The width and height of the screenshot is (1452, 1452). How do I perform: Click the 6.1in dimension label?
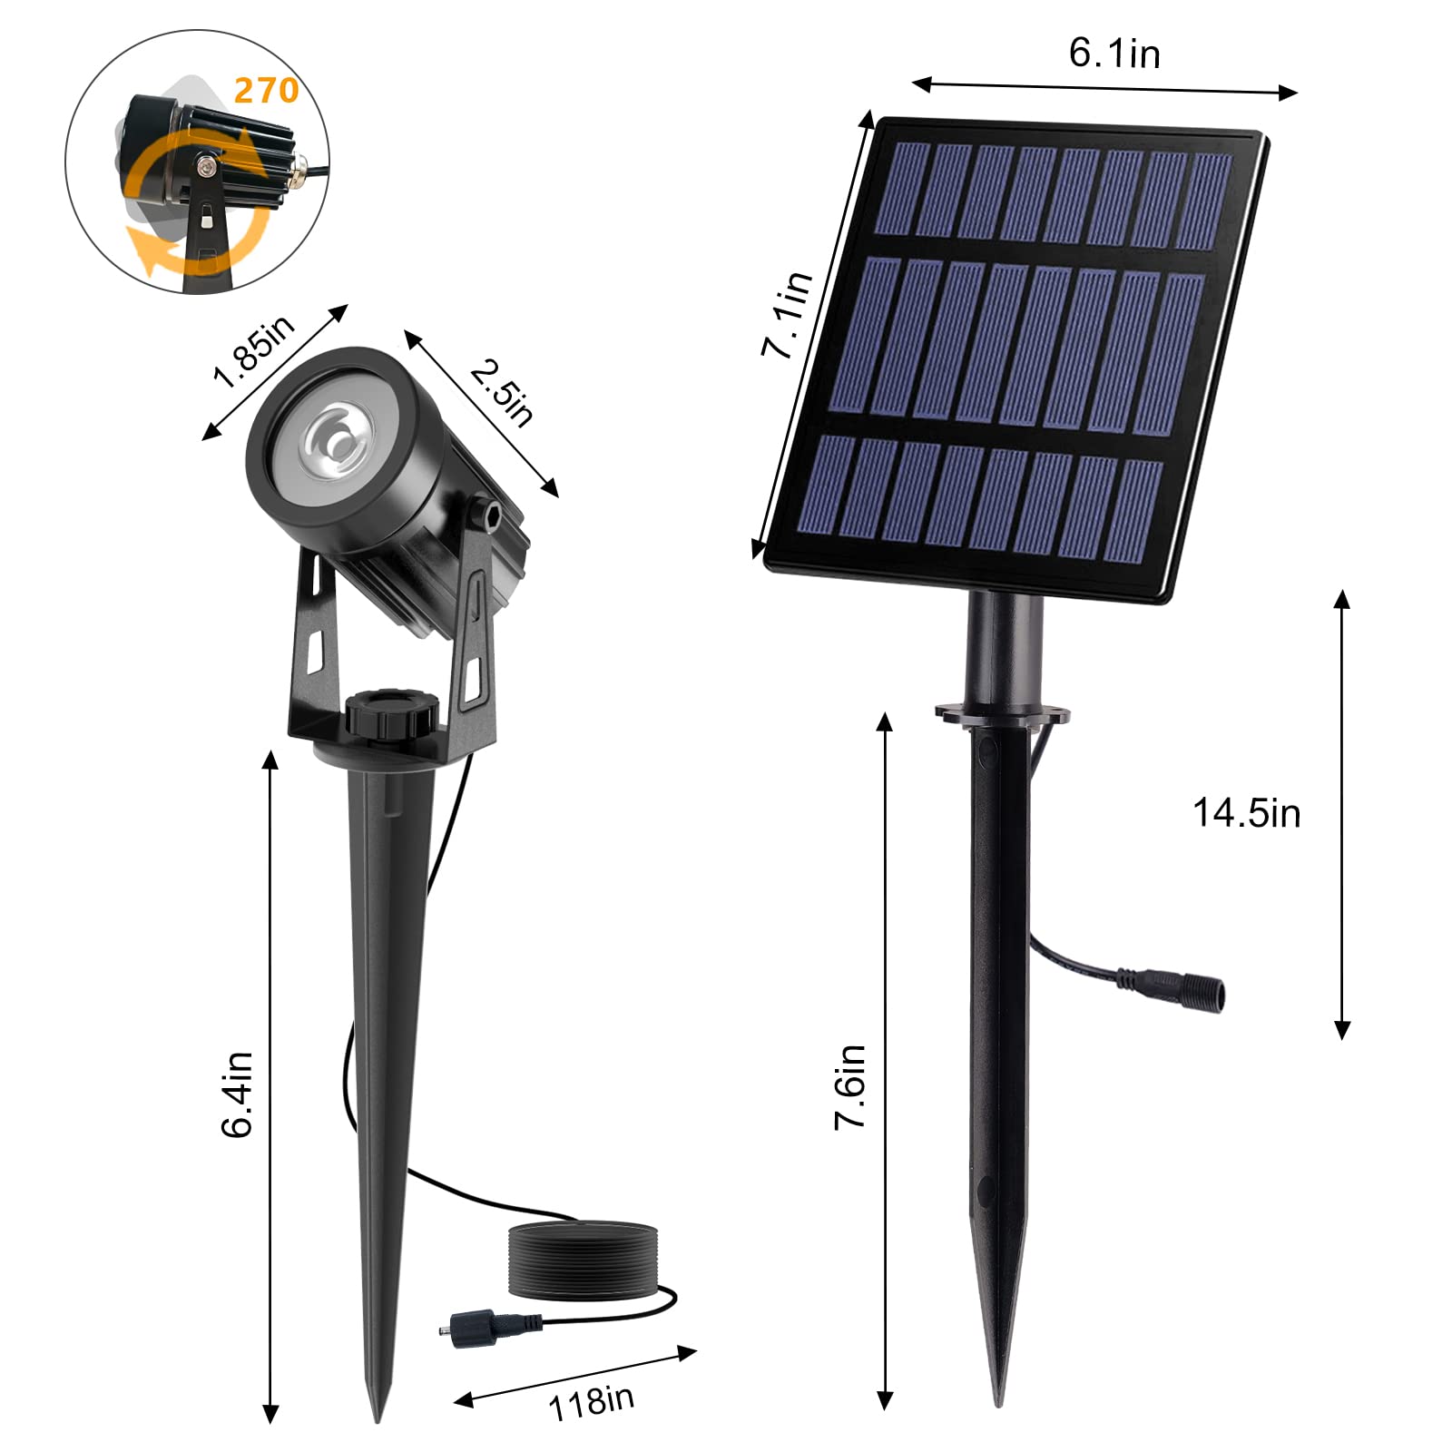tap(1114, 53)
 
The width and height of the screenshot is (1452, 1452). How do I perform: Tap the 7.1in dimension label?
tap(787, 314)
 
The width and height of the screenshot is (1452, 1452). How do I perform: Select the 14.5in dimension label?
tap(1246, 813)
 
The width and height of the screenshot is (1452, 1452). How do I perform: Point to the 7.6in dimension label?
tap(850, 1087)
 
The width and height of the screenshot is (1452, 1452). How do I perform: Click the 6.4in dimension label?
tap(237, 1094)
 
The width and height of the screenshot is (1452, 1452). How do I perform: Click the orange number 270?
tap(266, 90)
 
